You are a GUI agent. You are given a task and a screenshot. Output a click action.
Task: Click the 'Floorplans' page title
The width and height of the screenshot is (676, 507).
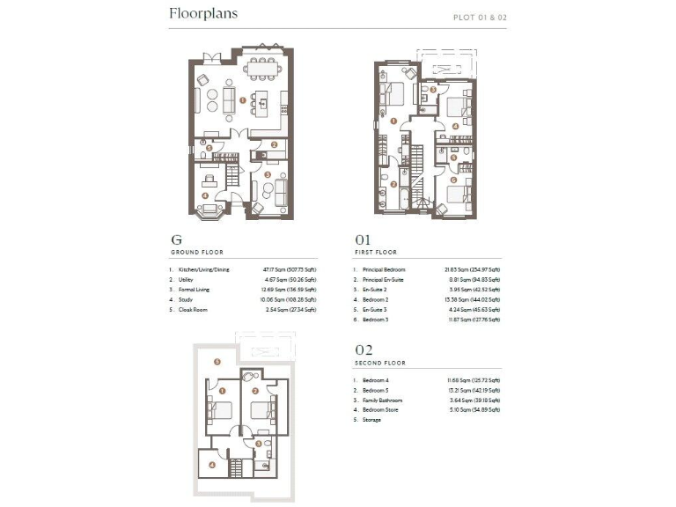click(x=203, y=14)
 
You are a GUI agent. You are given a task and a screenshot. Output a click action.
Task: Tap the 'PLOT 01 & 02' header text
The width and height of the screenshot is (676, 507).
click(x=480, y=17)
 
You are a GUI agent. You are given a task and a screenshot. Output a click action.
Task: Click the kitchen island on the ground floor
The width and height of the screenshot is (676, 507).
click(x=263, y=103)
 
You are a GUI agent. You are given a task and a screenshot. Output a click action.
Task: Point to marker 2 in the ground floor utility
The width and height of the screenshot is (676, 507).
click(x=275, y=145)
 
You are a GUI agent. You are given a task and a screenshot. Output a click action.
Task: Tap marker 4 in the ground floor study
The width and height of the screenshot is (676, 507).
click(x=204, y=195)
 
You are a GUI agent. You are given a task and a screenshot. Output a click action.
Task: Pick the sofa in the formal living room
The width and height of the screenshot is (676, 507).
click(x=282, y=191)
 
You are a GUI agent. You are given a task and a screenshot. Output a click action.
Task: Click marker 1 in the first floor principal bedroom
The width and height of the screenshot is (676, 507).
click(x=394, y=121)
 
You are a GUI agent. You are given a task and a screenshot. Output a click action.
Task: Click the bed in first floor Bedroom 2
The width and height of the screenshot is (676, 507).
click(x=457, y=110)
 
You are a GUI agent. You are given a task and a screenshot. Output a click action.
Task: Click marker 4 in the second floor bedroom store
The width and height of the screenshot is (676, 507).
click(x=211, y=464)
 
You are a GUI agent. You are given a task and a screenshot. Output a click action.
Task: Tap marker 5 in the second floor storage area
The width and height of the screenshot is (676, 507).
click(x=217, y=362)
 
